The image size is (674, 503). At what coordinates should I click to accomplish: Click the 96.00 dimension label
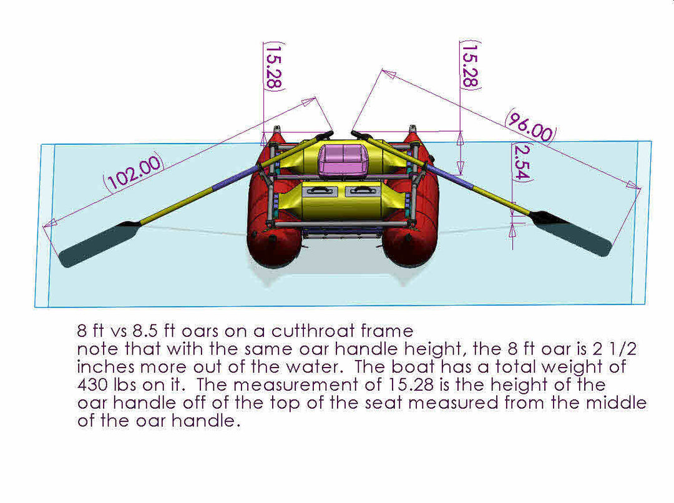530,126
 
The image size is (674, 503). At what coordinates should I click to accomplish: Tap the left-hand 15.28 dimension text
274,66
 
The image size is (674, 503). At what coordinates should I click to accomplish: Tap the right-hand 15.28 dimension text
471,65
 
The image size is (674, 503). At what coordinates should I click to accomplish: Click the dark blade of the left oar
99,244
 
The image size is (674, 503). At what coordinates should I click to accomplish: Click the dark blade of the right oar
571,233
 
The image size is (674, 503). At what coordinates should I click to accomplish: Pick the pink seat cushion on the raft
343,160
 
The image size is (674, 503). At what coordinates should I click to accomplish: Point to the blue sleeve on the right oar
449,176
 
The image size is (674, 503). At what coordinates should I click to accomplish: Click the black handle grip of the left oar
324,135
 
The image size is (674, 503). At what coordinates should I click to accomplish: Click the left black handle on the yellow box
319,190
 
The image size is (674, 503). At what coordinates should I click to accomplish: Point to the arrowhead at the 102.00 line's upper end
309,102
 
